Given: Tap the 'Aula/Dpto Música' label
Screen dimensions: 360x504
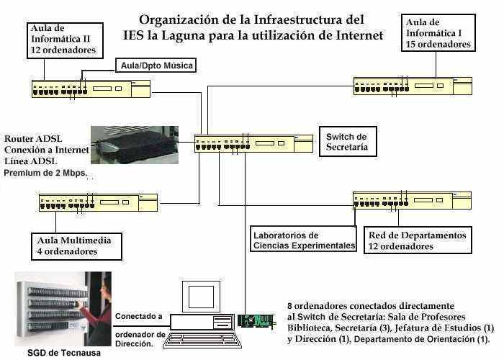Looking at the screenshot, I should coord(155,66).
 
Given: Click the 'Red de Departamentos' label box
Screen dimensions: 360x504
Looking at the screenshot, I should coord(418,240).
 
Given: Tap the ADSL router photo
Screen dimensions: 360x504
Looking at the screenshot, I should coord(135,145).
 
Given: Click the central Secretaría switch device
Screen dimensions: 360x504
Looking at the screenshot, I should coord(253,144).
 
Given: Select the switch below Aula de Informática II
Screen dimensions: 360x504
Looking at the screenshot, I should coord(89,89).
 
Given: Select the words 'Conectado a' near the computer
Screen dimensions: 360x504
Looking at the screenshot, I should coord(139,315).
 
